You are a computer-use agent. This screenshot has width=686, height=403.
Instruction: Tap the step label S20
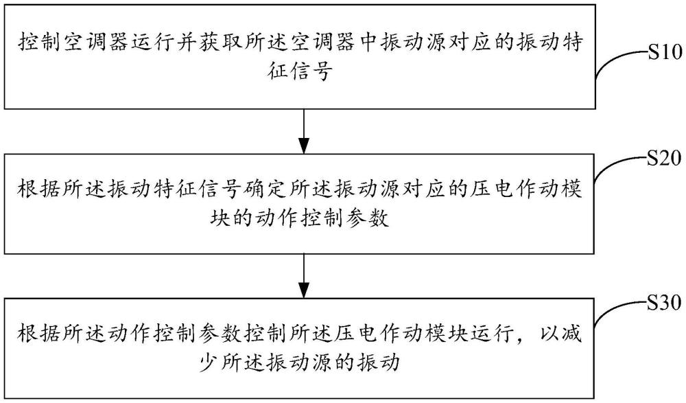[x=664, y=158]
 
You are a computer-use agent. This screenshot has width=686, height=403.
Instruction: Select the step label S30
[x=664, y=303]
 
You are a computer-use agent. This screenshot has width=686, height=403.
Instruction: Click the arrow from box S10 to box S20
[x=304, y=131]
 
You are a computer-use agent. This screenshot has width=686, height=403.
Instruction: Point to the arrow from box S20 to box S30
[x=304, y=276]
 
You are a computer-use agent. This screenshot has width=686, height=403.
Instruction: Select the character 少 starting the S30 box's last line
[x=209, y=362]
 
